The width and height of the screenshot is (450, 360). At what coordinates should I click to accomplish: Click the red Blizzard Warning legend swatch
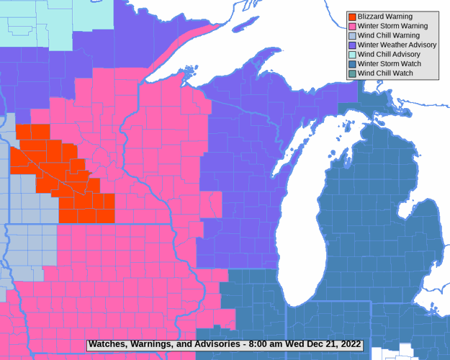tap(352, 17)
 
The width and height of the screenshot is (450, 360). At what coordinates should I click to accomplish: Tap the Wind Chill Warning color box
tap(352, 35)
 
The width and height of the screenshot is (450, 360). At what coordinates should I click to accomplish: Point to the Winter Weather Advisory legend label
tap(397, 45)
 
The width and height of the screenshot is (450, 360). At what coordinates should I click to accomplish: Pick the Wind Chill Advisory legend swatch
tap(352, 54)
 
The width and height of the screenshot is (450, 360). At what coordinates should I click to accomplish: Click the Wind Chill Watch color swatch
tap(352, 73)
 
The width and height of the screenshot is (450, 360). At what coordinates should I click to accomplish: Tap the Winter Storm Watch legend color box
tap(352, 63)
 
